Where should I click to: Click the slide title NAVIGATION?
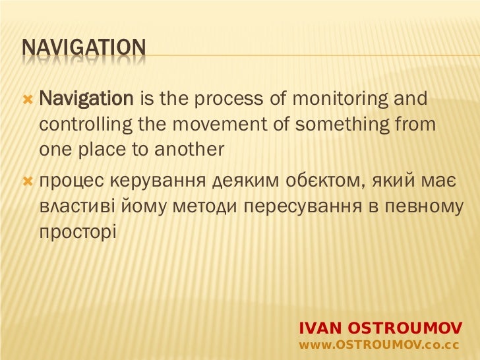click(84, 48)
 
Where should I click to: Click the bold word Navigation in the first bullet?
click(86, 100)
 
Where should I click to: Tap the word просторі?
click(77, 231)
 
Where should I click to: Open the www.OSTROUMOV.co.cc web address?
click(379, 345)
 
